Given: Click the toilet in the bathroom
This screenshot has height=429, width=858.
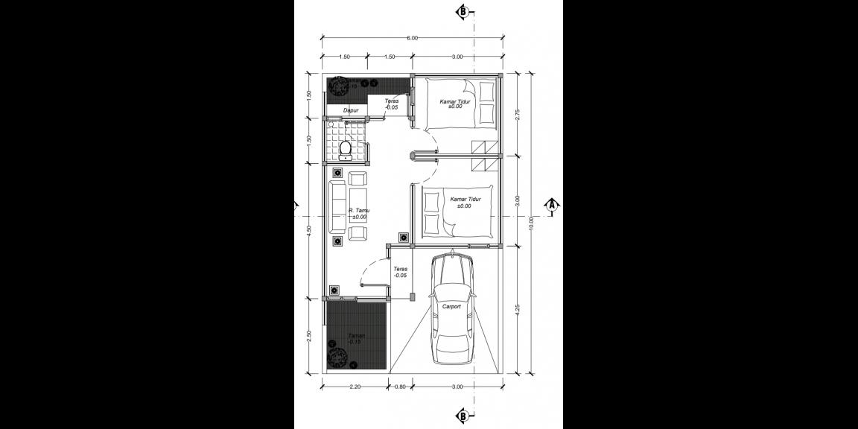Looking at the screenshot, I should (x=345, y=151).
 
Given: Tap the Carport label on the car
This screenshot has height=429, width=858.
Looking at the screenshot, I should (x=451, y=306).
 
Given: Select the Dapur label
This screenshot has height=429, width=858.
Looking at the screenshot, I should (x=351, y=111).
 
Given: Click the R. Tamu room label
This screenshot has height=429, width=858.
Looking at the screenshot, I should (x=359, y=212).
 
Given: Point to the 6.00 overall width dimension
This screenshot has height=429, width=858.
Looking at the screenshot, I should (x=412, y=39).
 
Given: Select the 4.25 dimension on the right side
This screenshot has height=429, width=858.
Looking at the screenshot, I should (x=517, y=308).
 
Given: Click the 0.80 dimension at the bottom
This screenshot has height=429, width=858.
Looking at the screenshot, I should (x=400, y=387).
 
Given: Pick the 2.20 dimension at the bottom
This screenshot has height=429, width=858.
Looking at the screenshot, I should (x=355, y=387).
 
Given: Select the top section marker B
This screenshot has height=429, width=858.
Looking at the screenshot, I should (x=463, y=11).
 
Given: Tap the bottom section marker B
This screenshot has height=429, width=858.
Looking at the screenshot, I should (x=463, y=416).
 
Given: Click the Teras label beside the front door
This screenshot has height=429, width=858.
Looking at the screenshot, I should (x=400, y=272).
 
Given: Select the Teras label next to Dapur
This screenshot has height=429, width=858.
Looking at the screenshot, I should (x=391, y=104).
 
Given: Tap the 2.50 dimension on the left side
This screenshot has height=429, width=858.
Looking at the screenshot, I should (x=309, y=337).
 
